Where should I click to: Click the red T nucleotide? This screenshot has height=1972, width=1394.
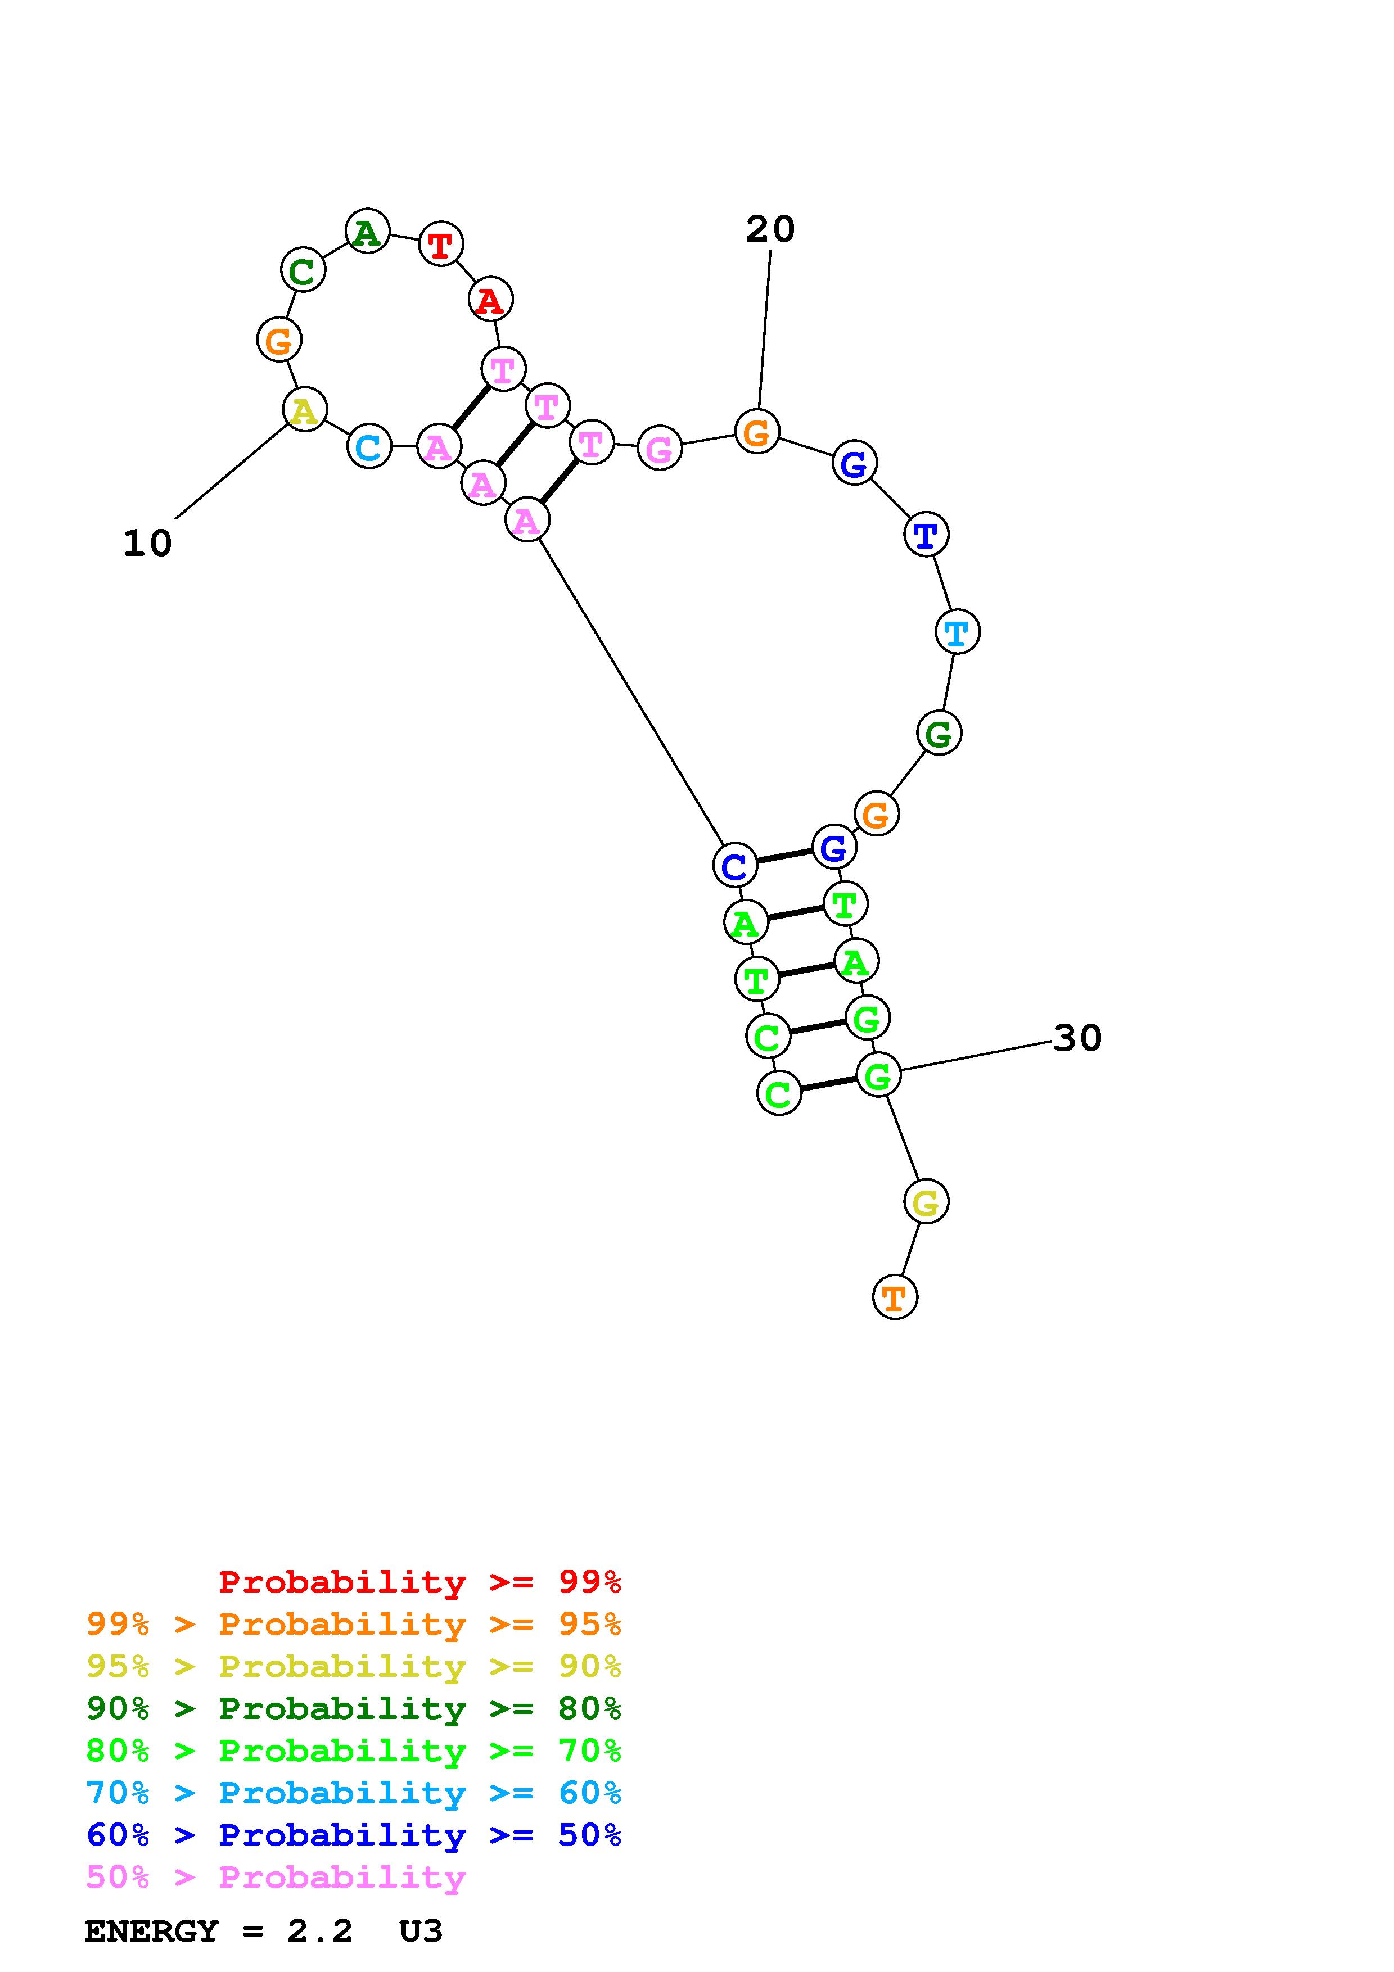point(441,245)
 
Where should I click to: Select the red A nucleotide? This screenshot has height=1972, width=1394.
point(490,300)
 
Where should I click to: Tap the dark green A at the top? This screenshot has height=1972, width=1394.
point(368,232)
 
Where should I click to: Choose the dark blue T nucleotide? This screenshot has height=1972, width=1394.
point(926,535)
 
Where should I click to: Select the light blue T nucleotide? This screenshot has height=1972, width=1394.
point(957,632)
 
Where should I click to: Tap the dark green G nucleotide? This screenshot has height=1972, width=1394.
point(939,734)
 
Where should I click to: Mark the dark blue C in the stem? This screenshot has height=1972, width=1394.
point(735,865)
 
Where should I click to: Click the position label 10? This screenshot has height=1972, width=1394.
point(148,544)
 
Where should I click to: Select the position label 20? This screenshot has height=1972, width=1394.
point(770,229)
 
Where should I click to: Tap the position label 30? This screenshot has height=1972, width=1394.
point(1077,1038)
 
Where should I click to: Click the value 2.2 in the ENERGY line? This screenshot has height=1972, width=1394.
point(319,1932)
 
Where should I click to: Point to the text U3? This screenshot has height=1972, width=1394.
point(421,1932)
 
